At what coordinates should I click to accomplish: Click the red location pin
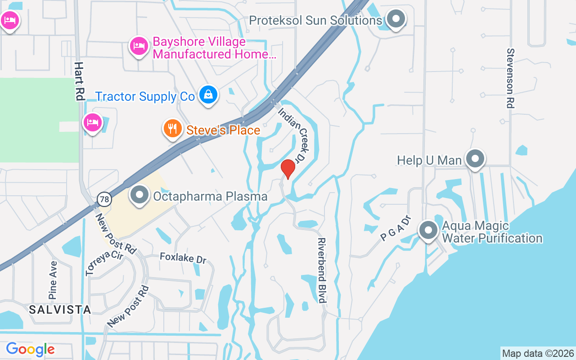(x=288, y=169)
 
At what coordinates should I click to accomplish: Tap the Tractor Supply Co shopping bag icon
(x=208, y=95)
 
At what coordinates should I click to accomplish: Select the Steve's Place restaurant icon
(x=172, y=129)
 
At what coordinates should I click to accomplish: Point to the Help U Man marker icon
(x=475, y=159)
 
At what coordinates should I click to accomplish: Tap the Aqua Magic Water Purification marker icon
(x=428, y=230)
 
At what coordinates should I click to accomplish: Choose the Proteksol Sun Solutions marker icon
(x=396, y=19)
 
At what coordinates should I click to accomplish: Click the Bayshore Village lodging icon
(x=139, y=45)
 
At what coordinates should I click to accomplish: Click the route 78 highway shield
(x=104, y=199)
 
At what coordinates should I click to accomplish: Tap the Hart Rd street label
(x=80, y=81)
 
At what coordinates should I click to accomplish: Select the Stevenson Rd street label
(x=510, y=78)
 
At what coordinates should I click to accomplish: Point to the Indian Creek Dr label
(x=292, y=135)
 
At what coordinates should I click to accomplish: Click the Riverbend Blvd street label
(x=322, y=270)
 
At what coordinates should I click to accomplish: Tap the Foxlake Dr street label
(x=183, y=258)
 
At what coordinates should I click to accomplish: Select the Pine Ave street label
(x=53, y=280)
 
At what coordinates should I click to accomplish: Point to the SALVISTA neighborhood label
(x=60, y=310)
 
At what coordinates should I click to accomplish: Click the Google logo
(x=31, y=349)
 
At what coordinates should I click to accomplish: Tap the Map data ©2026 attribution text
(x=538, y=353)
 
